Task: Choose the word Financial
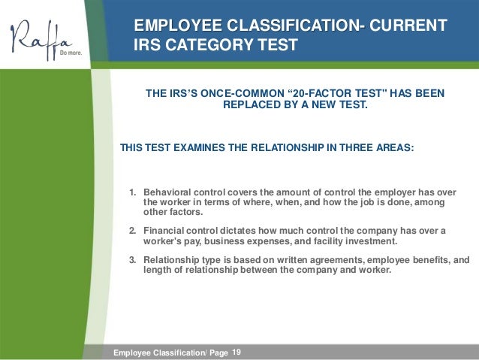coord(165,230)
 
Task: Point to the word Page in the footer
coord(219,352)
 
